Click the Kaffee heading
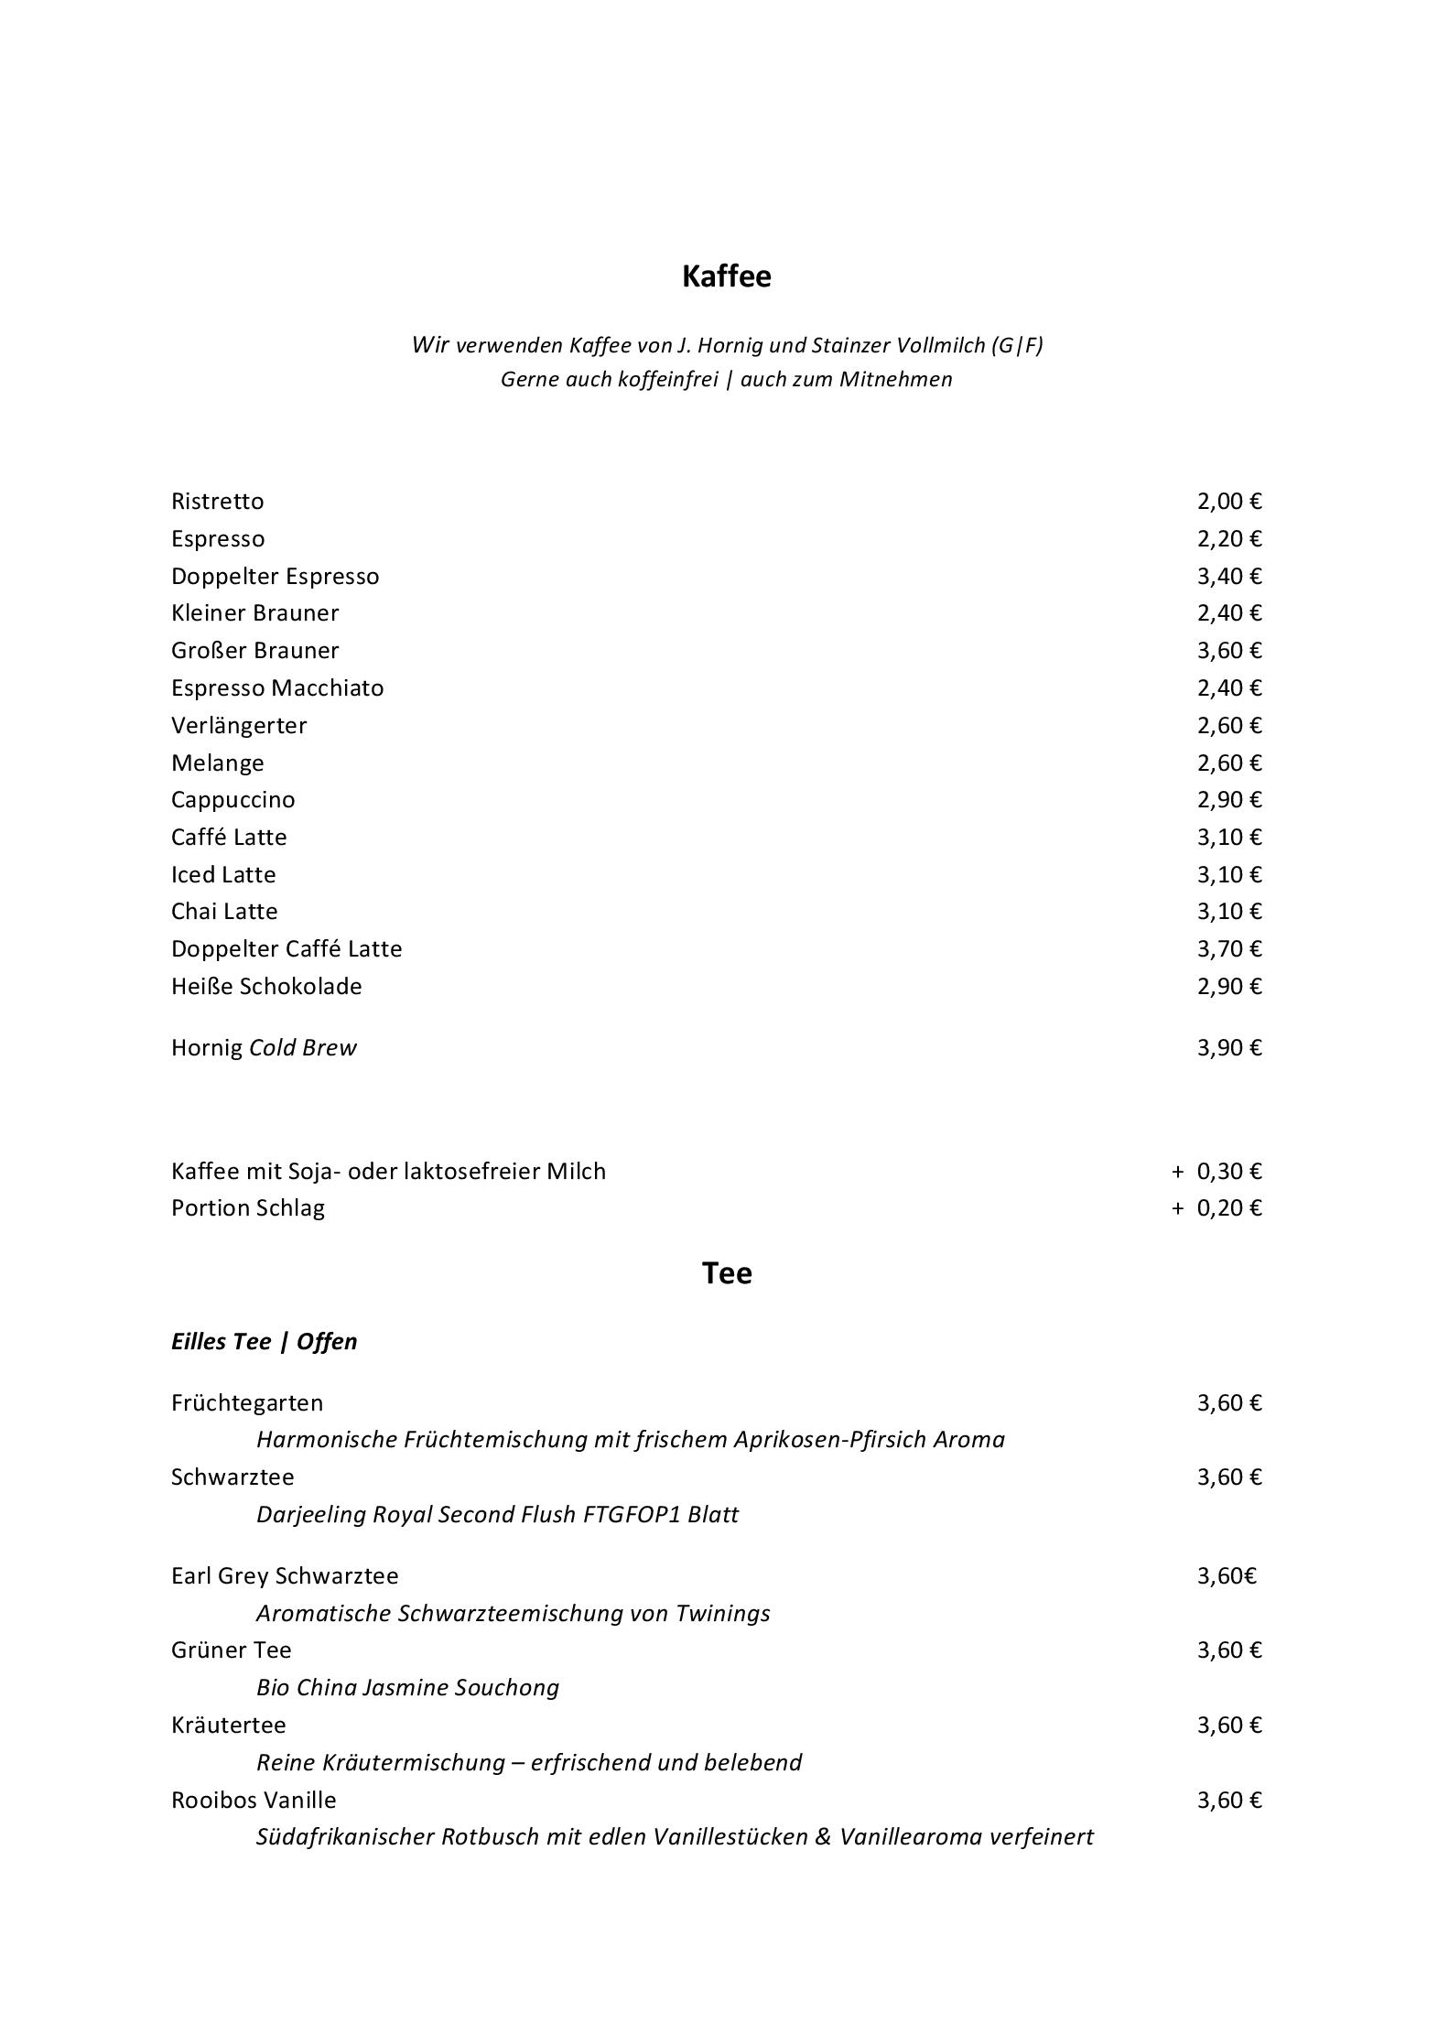726,276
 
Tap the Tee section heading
727,1273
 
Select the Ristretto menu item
217,502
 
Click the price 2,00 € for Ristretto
1228,502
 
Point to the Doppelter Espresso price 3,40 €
1228,577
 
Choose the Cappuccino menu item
232,800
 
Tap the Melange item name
217,763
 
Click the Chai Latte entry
224,912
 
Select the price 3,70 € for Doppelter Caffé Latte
1228,949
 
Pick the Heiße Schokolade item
266,987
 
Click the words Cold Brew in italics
302,1048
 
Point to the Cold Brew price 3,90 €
1228,1048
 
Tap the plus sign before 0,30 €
1177,1172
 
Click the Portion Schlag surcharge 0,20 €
1228,1208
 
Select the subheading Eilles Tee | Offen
264,1342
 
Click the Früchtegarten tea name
247,1403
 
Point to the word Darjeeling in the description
311,1515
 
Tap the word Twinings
722,1614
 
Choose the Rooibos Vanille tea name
254,1801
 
